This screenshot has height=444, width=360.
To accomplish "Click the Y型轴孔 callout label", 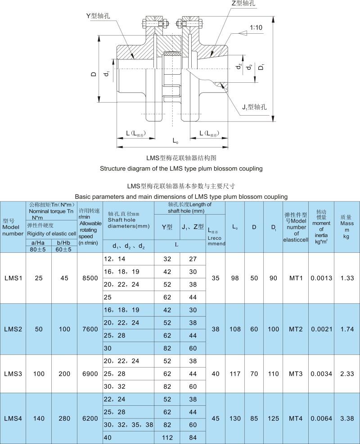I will coord(99,16).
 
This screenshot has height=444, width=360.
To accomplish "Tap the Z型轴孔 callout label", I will coord(243,4).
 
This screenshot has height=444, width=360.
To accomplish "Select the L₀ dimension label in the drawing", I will coord(175,141).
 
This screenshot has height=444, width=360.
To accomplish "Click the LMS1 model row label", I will coord(13,278).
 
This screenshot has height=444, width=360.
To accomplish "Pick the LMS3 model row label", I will coord(13,373).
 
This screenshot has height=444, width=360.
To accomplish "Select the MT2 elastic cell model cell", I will coord(296,329).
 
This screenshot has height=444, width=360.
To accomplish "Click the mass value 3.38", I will coord(347,418).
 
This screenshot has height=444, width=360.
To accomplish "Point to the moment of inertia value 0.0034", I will coord(322,373).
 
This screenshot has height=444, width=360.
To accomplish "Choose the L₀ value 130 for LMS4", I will coord(235,418).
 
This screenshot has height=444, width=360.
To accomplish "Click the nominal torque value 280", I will coord(64,418).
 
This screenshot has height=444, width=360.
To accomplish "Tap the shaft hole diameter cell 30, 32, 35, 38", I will coord(128,424).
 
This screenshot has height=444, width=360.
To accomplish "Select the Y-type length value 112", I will coord(167,437).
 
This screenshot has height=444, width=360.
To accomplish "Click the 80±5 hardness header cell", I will coord(39,248).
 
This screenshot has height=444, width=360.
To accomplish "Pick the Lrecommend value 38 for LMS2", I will coord(216,329).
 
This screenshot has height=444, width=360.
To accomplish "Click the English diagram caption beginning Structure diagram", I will coord(181,169).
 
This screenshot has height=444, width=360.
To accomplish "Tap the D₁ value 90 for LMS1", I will coord(274,278).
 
